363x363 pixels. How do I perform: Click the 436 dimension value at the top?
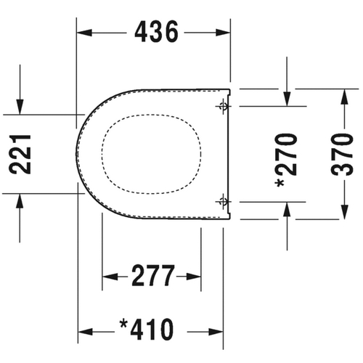pyautogui.click(x=154, y=32)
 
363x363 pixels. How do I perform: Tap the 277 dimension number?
pyautogui.click(x=152, y=277)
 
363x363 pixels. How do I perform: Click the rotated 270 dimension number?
pyautogui.click(x=287, y=161)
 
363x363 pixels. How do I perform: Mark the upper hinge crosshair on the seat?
pyautogui.click(x=222, y=107)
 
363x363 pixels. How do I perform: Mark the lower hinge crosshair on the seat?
pyautogui.click(x=222, y=201)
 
